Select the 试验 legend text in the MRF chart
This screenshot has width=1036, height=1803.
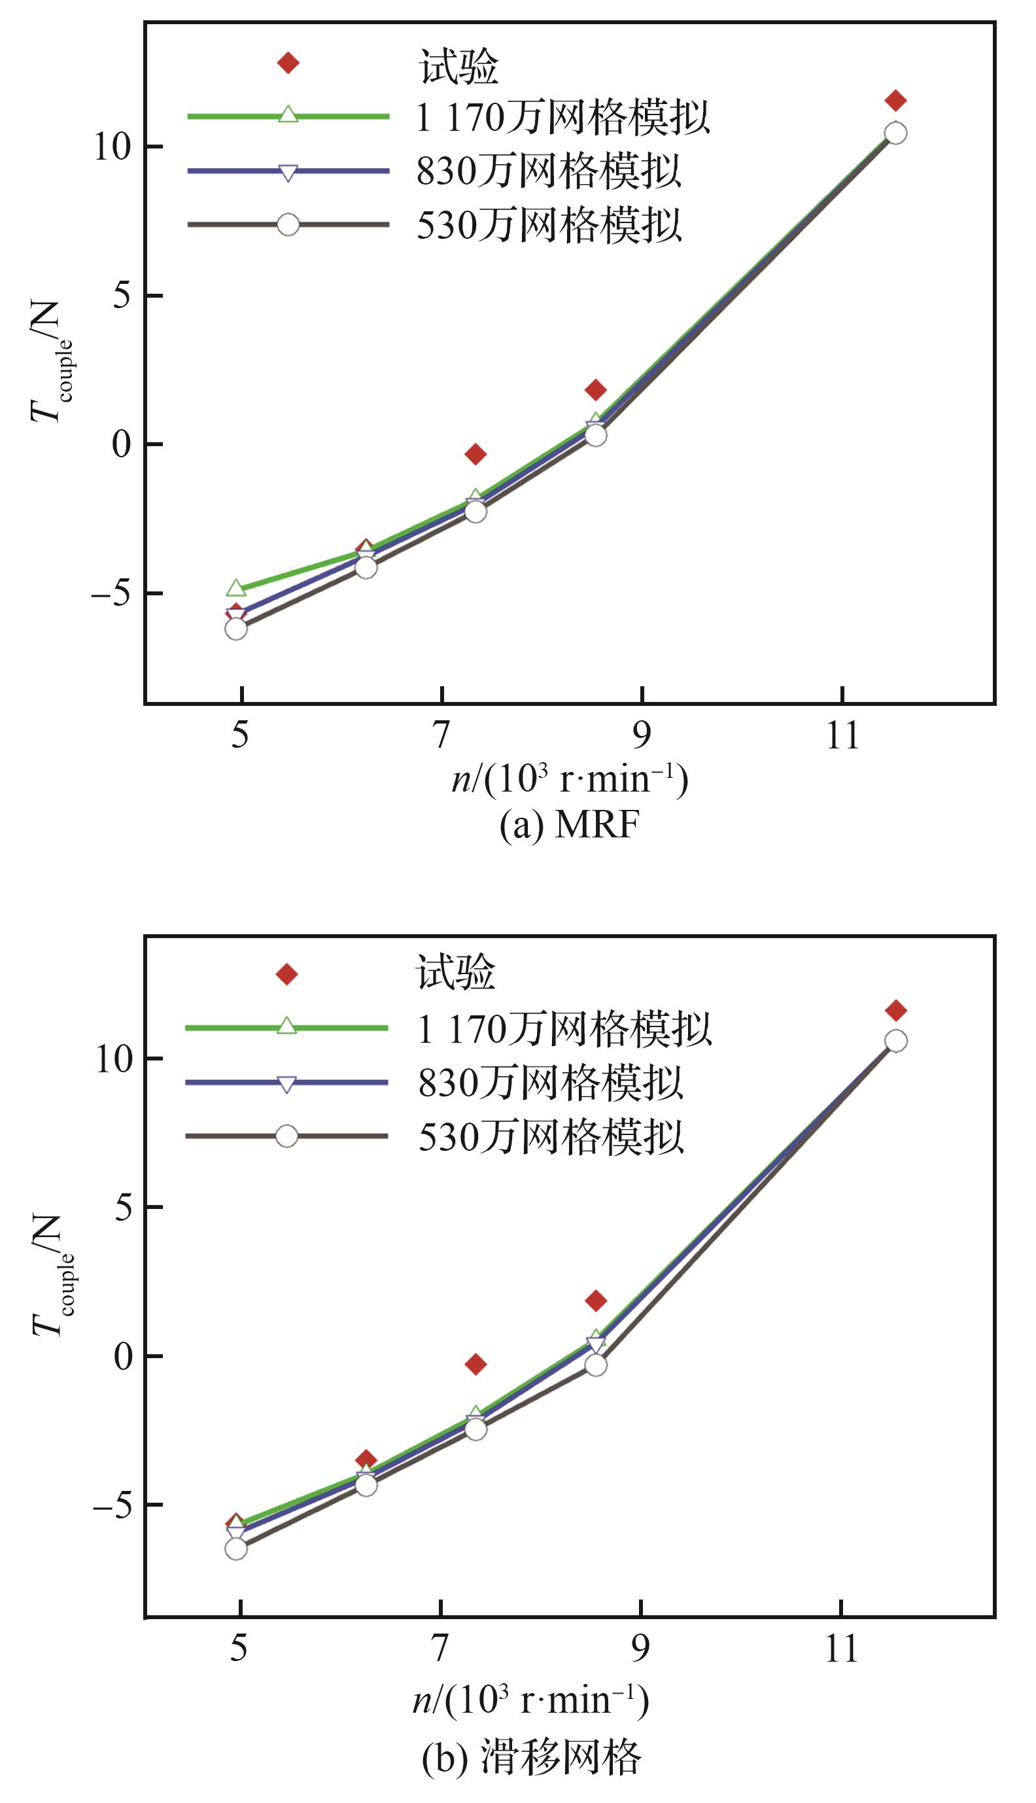point(458,66)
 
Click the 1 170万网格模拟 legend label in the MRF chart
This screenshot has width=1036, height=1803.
point(563,117)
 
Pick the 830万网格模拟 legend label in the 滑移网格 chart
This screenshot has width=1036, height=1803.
point(550,1082)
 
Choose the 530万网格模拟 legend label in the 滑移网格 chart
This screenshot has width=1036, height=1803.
point(550,1136)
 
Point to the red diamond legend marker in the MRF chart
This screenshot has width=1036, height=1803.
point(288,63)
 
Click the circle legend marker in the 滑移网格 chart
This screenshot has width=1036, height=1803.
point(286,1136)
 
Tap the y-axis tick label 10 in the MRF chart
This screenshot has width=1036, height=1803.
point(114,147)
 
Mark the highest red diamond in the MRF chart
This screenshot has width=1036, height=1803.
point(895,100)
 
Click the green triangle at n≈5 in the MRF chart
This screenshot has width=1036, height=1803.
point(235,587)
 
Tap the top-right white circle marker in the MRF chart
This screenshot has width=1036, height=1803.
point(895,132)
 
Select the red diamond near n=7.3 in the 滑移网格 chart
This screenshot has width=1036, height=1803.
point(475,1364)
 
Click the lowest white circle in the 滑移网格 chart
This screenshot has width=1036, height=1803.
point(235,1549)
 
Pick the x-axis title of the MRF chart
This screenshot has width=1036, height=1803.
point(570,780)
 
